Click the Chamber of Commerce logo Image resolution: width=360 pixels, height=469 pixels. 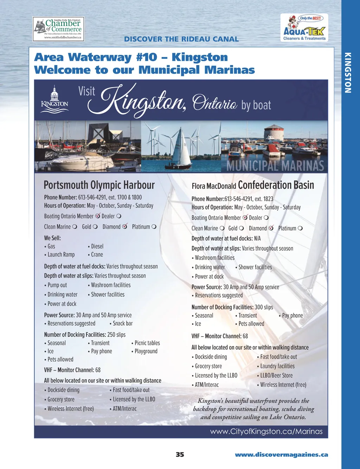59,29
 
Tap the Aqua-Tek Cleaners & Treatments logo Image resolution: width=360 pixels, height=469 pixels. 304,28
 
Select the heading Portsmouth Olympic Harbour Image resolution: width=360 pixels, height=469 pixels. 99,185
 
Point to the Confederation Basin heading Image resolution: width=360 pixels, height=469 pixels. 276,185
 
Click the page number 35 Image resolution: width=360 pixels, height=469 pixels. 180,455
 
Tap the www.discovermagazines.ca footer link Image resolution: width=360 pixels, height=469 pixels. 281,455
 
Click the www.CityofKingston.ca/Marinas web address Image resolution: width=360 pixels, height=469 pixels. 266,431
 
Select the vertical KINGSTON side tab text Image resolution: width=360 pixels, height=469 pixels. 348,73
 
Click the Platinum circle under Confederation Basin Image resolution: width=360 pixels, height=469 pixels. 300,228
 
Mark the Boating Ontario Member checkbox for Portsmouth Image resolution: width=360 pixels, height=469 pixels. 98,216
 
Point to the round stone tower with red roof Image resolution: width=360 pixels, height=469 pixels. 274,133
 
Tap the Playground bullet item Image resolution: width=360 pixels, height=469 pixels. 146,351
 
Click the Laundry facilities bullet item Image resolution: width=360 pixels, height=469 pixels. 277,366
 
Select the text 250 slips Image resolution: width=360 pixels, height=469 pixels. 116,335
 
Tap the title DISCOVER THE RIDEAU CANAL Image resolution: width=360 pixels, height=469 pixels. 181,39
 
